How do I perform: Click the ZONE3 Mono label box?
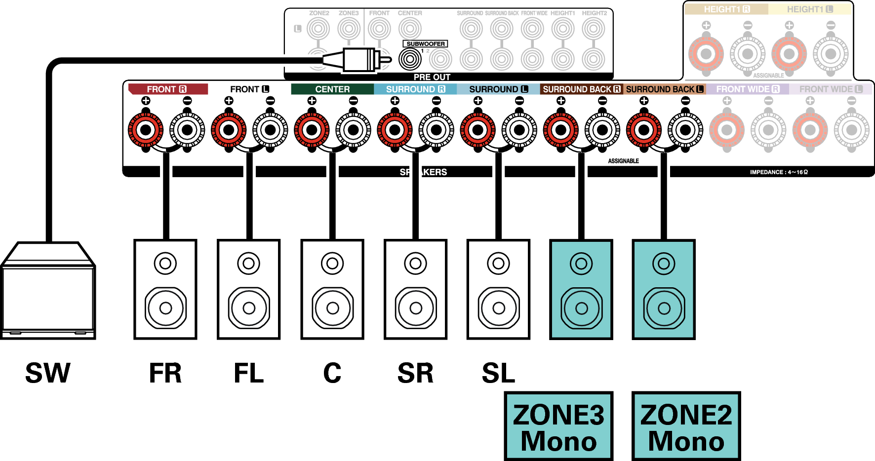[x=558, y=426]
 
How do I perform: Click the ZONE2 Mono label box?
[x=686, y=426]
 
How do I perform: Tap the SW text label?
[x=48, y=373]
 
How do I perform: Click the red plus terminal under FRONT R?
[x=146, y=130]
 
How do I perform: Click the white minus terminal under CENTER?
[x=353, y=130]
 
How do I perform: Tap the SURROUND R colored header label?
[x=415, y=89]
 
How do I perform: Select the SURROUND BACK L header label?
[x=665, y=89]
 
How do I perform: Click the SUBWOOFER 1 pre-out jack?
[x=410, y=59]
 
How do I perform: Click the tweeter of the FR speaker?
[x=165, y=264]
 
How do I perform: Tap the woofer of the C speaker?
[x=332, y=308]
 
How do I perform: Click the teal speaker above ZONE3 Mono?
[x=581, y=290]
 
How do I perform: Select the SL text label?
[x=498, y=373]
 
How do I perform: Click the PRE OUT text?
[x=432, y=77]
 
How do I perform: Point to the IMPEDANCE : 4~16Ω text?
[x=779, y=172]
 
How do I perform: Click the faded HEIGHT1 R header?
[x=726, y=9]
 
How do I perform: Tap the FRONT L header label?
[x=249, y=89]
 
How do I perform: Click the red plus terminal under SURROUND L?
[x=477, y=130]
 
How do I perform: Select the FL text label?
[x=248, y=373]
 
